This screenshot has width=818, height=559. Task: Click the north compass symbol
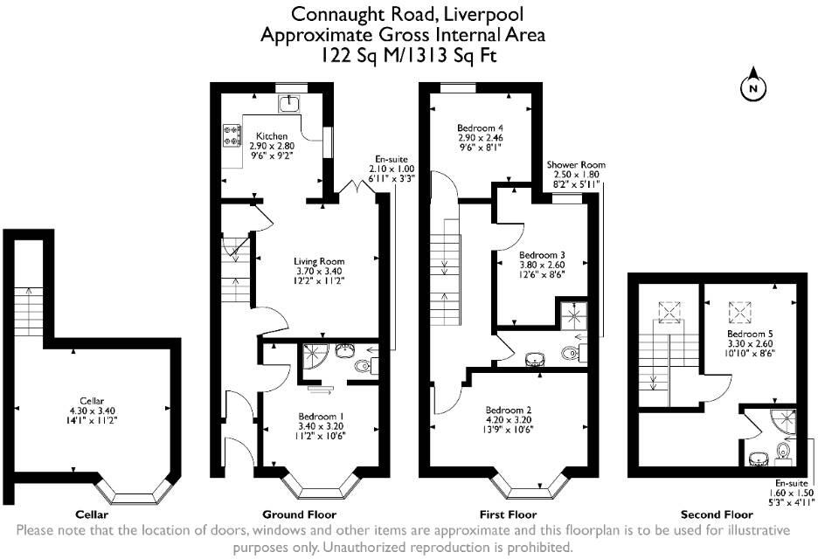[752, 87]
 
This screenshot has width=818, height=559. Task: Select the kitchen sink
[289, 104]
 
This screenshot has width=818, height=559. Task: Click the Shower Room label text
[576, 165]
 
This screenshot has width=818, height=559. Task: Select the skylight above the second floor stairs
[671, 310]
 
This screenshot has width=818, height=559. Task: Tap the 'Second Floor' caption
[716, 514]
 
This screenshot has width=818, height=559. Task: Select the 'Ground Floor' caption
[300, 514]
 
